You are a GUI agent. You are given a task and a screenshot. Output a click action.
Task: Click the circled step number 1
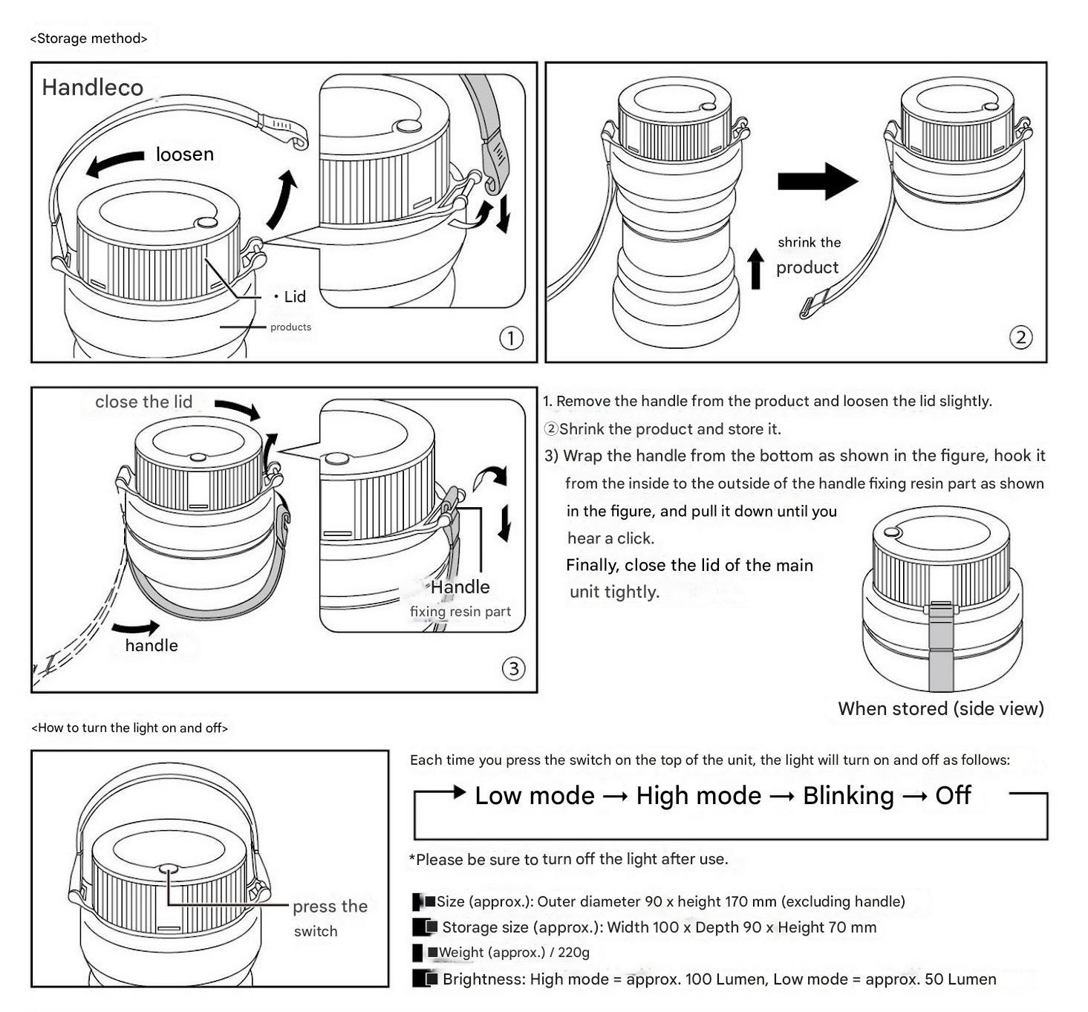[510, 339]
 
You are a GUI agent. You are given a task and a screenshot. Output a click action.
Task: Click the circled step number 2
[1020, 338]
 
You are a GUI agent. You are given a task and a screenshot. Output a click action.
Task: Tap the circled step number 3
[513, 669]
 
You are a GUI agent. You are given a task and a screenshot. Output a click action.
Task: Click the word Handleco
[93, 88]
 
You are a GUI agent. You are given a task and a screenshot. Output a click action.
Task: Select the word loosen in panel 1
[185, 154]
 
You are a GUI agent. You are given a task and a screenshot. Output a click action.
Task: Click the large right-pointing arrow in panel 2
[817, 181]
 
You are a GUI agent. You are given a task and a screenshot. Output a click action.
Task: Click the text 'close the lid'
[143, 402]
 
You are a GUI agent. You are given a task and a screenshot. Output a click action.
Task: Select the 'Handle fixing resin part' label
[460, 598]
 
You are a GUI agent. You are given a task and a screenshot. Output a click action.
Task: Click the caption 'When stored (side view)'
[940, 709]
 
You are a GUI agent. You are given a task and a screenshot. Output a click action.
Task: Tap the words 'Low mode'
[535, 796]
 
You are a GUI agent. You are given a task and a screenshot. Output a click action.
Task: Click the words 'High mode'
[699, 796]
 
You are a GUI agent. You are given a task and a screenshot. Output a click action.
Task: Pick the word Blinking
[848, 796]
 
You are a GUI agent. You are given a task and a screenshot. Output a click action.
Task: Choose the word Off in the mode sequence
[953, 796]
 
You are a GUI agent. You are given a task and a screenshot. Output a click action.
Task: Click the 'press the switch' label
[329, 918]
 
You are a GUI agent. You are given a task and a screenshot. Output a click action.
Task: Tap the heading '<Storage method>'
[88, 39]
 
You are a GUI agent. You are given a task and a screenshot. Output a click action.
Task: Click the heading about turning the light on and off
[130, 728]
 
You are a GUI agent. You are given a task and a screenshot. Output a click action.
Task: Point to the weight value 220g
[573, 953]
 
